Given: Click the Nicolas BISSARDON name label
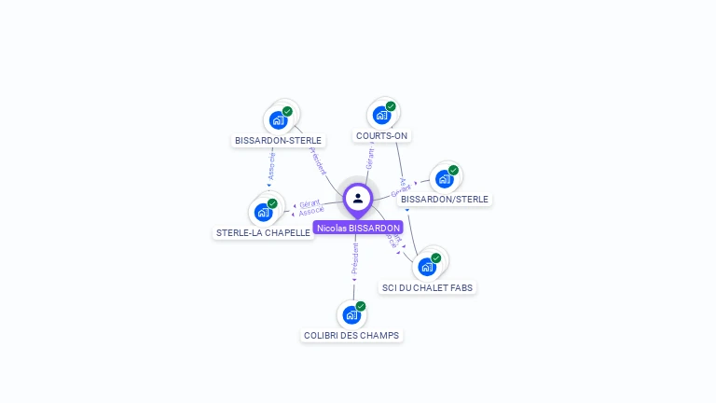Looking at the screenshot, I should (358, 228).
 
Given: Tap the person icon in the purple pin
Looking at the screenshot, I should (358, 198).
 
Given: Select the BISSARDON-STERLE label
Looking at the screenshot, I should (278, 140).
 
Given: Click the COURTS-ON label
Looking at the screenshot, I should (381, 135).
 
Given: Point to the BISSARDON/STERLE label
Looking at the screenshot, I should (444, 199).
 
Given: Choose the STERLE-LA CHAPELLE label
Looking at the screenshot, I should (263, 232).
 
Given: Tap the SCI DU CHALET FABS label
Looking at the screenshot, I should (428, 287).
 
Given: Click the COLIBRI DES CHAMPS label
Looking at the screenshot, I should (351, 335).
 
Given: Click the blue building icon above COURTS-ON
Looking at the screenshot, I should (380, 115).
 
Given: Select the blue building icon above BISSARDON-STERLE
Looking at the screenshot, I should (277, 119).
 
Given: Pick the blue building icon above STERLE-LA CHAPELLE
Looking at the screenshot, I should (263, 212).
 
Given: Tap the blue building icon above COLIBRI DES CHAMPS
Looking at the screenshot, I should (351, 314).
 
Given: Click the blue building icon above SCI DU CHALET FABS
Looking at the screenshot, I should (427, 267).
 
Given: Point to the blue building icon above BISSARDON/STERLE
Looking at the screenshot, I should (444, 178).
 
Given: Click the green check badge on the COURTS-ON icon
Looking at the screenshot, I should (391, 106).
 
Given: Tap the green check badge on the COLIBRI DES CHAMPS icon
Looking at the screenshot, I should (361, 306).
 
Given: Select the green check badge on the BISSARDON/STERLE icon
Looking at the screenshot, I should (453, 170).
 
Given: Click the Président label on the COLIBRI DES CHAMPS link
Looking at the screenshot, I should (354, 259).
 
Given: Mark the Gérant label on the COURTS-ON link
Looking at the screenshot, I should (370, 159).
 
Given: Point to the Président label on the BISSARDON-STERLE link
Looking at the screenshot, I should (317, 160).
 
